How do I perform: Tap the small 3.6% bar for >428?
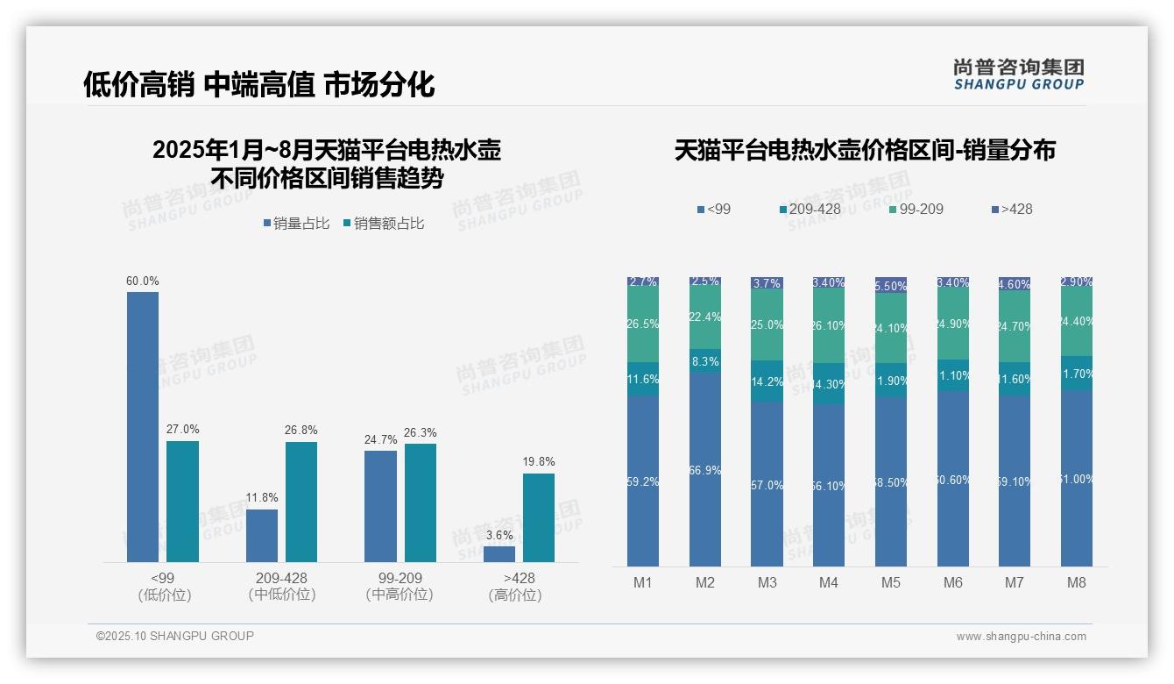click(499, 554)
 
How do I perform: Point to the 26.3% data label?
click(421, 433)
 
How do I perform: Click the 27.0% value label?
click(183, 430)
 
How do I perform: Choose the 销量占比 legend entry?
click(296, 224)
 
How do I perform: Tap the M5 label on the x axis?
click(891, 582)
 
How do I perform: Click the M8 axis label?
click(1077, 582)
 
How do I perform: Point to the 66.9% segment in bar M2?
click(705, 470)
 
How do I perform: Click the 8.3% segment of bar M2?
click(705, 361)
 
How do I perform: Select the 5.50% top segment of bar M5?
click(891, 285)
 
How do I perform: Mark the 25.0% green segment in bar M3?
click(767, 325)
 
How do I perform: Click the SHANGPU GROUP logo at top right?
click(1018, 75)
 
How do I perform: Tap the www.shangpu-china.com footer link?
click(1021, 637)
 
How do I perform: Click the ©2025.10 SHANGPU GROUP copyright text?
click(175, 636)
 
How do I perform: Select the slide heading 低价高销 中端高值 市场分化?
click(259, 84)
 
